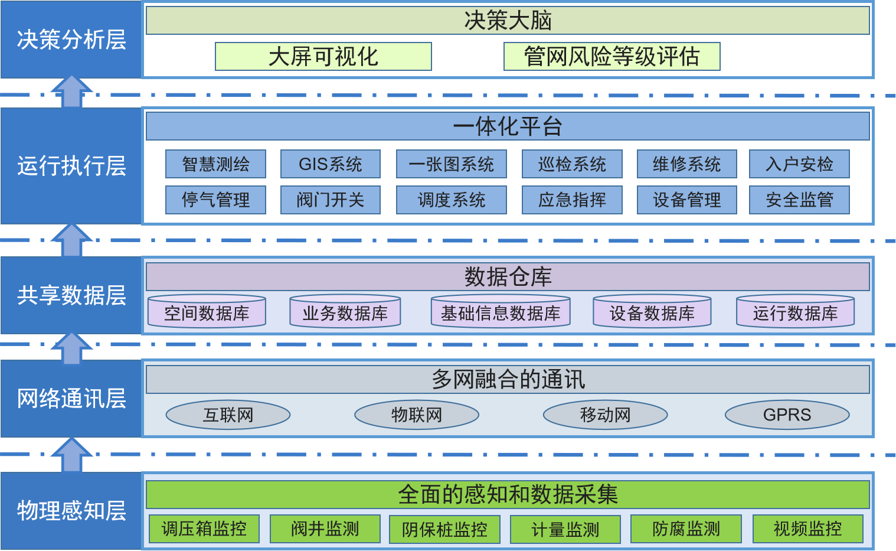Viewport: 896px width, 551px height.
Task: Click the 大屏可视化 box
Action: pyautogui.click(x=323, y=57)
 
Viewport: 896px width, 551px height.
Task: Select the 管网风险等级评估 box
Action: pyautogui.click(x=612, y=57)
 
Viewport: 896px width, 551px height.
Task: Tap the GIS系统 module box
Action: pyautogui.click(x=331, y=164)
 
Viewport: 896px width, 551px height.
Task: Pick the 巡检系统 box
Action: pyautogui.click(x=572, y=164)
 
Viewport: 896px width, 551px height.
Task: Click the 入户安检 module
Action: pyautogui.click(x=799, y=164)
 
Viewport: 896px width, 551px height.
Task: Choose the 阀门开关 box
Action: pyautogui.click(x=331, y=200)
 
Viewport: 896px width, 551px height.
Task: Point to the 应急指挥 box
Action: pyautogui.click(x=572, y=200)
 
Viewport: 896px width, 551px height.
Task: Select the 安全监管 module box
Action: pyautogui.click(x=799, y=200)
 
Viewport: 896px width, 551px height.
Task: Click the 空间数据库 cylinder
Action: pyautogui.click(x=207, y=311)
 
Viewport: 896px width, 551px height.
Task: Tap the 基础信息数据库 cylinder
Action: pyautogui.click(x=501, y=311)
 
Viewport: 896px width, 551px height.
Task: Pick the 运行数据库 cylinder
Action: pyautogui.click(x=795, y=311)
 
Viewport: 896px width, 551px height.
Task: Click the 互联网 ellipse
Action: pyautogui.click(x=228, y=415)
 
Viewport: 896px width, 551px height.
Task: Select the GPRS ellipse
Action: pyautogui.click(x=787, y=415)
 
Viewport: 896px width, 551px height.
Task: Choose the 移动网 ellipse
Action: pyautogui.click(x=605, y=415)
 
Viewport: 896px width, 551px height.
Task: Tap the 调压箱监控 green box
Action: pyautogui.click(x=204, y=529)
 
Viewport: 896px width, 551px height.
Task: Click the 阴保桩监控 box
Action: pyautogui.click(x=444, y=529)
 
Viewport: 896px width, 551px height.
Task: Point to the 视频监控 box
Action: pyautogui.click(x=807, y=529)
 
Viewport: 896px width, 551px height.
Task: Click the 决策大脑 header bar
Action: pyautogui.click(x=508, y=20)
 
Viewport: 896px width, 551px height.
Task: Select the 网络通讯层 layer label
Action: pyautogui.click(x=71, y=399)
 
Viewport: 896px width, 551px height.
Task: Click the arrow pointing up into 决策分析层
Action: pyautogui.click(x=72, y=91)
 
